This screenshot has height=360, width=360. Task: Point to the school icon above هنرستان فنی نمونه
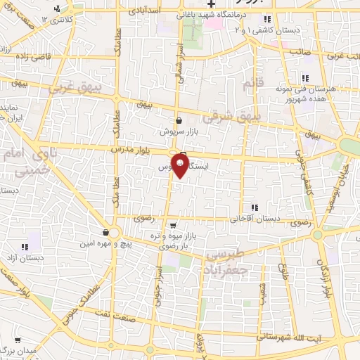click(x=305, y=78)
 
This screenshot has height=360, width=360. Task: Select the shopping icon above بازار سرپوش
click(x=179, y=120)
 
